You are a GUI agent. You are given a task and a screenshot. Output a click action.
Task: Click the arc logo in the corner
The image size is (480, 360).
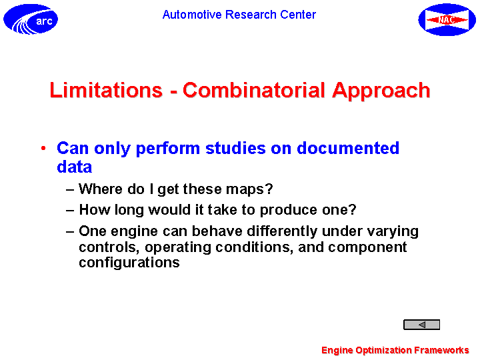coord(31,19)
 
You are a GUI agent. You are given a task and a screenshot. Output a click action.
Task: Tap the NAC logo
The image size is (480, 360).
coord(447,19)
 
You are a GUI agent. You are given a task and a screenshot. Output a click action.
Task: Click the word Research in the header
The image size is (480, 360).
coord(251,15)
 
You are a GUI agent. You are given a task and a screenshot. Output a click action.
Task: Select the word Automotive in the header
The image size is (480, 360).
coord(192,15)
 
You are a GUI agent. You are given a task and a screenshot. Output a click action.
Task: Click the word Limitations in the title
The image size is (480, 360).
coord(106,90)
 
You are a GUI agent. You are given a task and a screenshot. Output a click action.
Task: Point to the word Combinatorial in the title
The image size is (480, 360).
coord(254,90)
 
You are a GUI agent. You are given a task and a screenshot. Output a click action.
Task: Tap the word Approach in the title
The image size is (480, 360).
coord(381,91)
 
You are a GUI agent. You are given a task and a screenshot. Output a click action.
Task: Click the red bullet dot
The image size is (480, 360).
coord(43,149)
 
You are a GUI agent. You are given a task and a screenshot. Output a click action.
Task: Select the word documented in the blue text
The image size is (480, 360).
coord(348,148)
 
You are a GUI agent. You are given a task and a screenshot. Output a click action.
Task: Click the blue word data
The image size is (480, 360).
coord(75,167)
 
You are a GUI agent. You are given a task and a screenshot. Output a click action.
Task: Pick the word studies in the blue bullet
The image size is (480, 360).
coord(235,148)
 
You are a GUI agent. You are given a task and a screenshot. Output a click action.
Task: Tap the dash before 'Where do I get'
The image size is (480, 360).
coord(70,190)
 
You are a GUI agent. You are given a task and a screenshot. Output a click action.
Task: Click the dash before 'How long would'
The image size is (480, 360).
coord(70,211)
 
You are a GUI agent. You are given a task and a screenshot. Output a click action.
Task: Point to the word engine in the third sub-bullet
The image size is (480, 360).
coord(134,232)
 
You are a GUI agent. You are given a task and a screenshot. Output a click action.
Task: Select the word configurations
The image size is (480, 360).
coord(129,263)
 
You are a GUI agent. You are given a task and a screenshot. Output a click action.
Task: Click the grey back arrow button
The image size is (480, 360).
coord(421,325)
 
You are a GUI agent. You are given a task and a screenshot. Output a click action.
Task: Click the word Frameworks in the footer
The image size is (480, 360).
coord(441,349)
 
